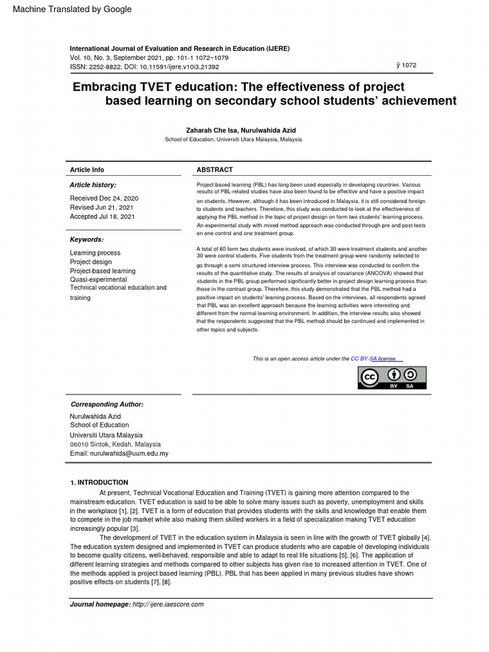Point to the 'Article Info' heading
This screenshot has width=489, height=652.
pyautogui.click(x=87, y=170)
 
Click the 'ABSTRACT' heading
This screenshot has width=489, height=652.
pyautogui.click(x=215, y=170)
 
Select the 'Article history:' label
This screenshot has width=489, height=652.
pyautogui.click(x=93, y=185)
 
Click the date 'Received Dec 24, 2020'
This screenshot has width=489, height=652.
pyautogui.click(x=104, y=199)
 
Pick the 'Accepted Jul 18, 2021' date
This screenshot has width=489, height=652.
pyautogui.click(x=102, y=216)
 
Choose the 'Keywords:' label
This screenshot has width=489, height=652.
pyautogui.click(x=87, y=239)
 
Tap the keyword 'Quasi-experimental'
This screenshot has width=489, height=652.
pyautogui.click(x=98, y=280)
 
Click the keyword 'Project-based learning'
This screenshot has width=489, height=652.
pyautogui.click(x=103, y=271)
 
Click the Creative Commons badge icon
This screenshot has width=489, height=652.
pyautogui.click(x=391, y=378)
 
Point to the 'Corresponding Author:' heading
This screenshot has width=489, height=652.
pyautogui.click(x=107, y=404)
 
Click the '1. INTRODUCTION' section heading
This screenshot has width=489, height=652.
pyautogui.click(x=99, y=483)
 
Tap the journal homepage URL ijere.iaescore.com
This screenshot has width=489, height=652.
pyautogui.click(x=168, y=604)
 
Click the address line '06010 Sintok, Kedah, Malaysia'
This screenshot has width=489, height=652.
pyautogui.click(x=115, y=444)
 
